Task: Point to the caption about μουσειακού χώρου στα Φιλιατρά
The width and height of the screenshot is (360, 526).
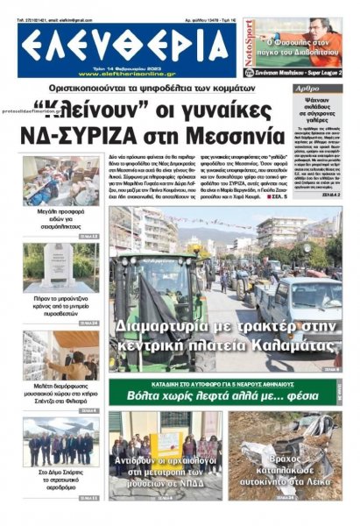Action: click(x=60, y=392)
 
